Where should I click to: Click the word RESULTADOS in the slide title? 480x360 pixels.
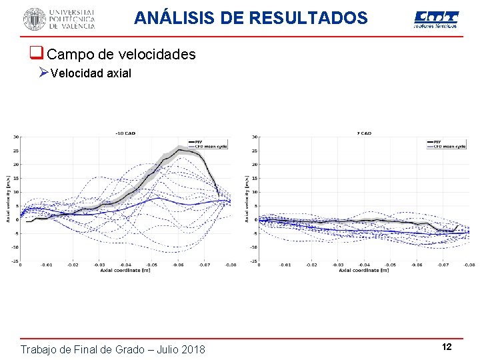(308, 18)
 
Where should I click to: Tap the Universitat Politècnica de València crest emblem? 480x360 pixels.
(34, 19)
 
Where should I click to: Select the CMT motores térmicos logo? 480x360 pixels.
(436, 19)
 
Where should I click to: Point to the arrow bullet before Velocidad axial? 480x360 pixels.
(43, 73)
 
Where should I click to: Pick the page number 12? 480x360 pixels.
(447, 347)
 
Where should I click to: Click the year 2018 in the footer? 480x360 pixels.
(191, 349)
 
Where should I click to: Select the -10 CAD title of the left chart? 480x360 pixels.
(125, 133)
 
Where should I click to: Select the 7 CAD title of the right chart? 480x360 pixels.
(363, 133)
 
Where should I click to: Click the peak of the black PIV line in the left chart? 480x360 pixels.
(179, 150)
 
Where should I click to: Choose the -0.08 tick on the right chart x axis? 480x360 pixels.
(468, 265)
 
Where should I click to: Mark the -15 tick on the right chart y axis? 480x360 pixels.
(253, 261)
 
